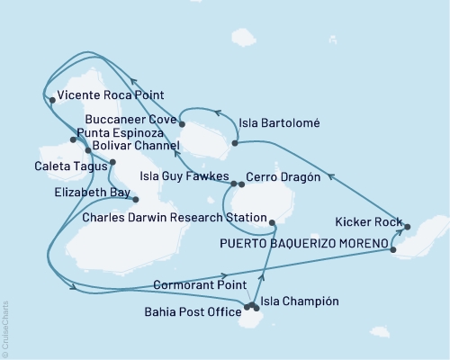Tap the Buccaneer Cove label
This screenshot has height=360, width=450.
pyautogui.click(x=132, y=118)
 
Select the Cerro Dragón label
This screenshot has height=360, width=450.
pyautogui.click(x=283, y=178)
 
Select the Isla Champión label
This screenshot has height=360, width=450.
pyautogui.click(x=300, y=301)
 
